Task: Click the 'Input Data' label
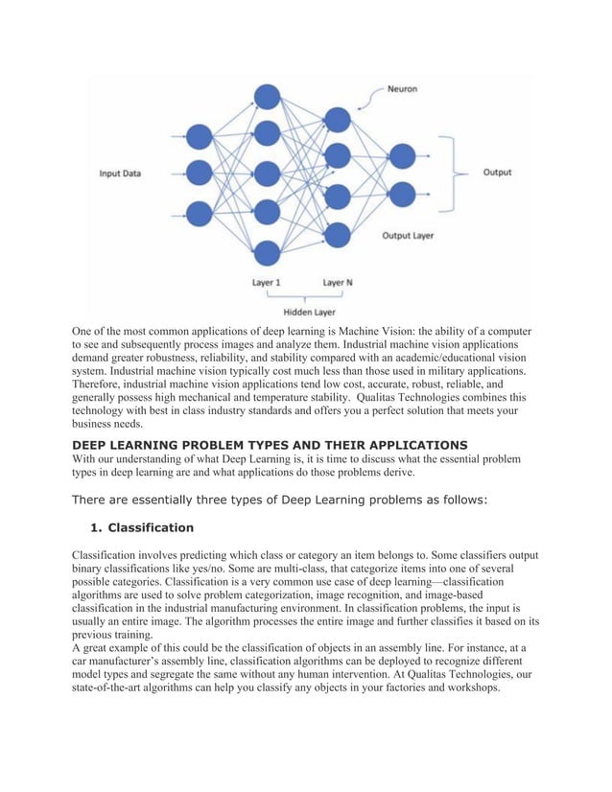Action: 120,174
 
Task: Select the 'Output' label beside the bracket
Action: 497,173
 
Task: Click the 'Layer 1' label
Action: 267,283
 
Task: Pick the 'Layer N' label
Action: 337,283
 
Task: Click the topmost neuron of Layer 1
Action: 267,97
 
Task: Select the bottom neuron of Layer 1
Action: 267,252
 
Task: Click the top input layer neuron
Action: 200,136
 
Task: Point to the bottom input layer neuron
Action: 200,213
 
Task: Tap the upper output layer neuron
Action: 402,155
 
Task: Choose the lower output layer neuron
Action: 402,194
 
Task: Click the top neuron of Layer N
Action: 337,118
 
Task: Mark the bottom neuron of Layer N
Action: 337,233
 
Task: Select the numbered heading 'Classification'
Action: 151,527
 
